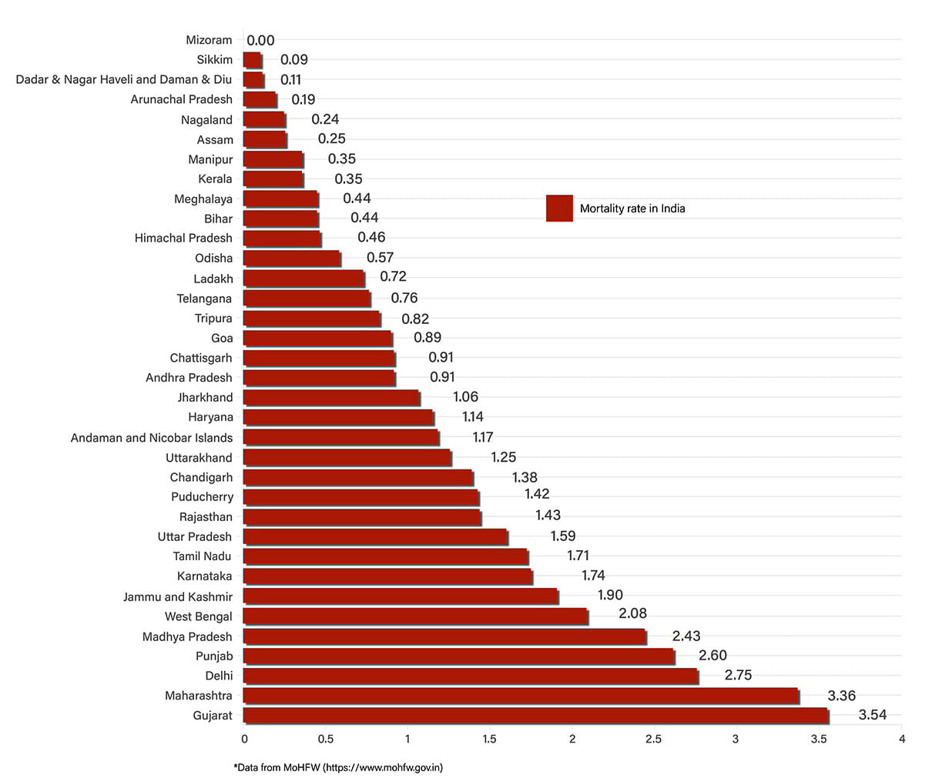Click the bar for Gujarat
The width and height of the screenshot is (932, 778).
tap(535, 716)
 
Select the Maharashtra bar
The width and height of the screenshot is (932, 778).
tap(521, 696)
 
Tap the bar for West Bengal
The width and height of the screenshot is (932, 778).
tap(415, 616)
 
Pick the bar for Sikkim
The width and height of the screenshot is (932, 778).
tap(253, 60)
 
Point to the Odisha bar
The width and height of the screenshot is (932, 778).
tap(292, 259)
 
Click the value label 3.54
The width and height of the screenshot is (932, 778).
tap(872, 715)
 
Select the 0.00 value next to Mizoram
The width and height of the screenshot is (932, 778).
tap(260, 41)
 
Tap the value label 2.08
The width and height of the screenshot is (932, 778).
tap(632, 613)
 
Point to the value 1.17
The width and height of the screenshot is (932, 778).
tap(483, 437)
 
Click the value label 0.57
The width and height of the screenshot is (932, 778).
tap(380, 257)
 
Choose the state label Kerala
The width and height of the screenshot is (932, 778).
tap(215, 179)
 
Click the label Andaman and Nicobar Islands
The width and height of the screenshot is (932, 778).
tap(152, 438)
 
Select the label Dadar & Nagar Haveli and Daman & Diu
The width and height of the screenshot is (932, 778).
tap(124, 80)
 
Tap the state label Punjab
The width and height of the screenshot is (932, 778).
tap(214, 656)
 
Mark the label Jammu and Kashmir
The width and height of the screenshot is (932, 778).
tap(178, 596)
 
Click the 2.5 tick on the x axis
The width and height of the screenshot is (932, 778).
tap(654, 740)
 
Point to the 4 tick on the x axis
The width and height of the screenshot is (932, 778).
tap(902, 740)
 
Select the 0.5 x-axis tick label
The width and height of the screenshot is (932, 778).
tap(326, 740)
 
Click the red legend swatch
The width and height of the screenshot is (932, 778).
tap(559, 209)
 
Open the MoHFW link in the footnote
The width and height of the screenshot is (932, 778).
tap(382, 767)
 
